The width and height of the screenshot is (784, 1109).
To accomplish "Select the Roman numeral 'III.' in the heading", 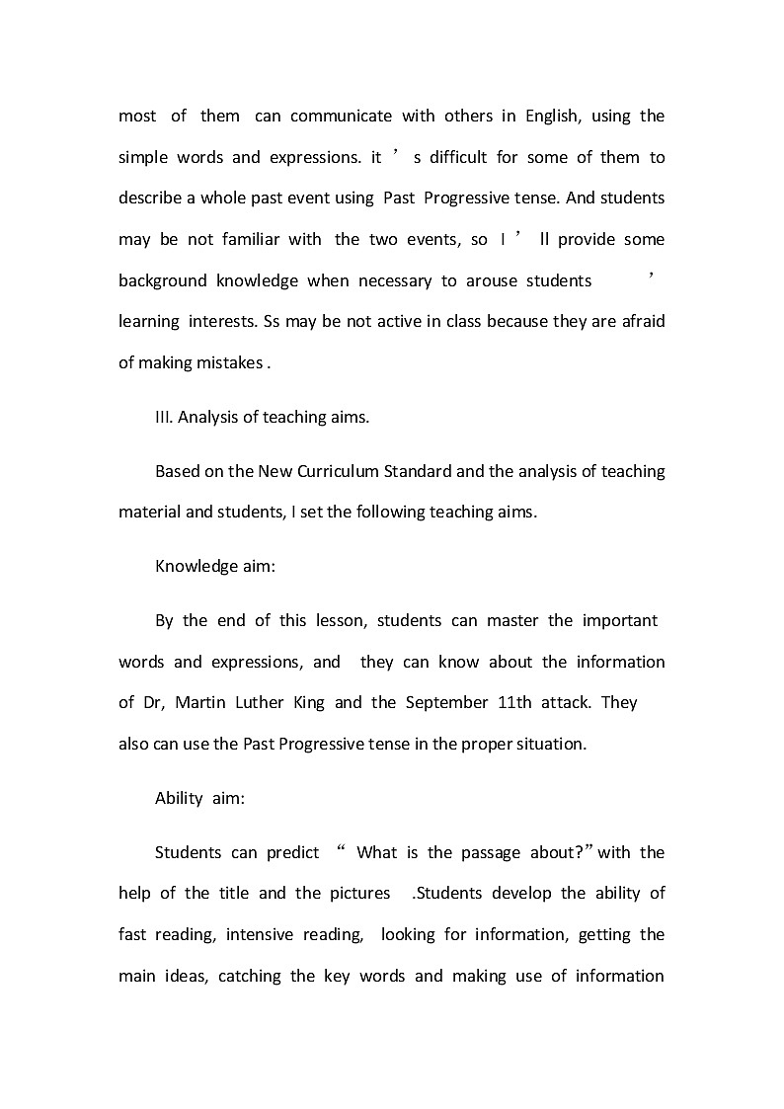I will pyautogui.click(x=164, y=417).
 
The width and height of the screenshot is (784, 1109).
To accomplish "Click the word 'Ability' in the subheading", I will pyautogui.click(x=179, y=799).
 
